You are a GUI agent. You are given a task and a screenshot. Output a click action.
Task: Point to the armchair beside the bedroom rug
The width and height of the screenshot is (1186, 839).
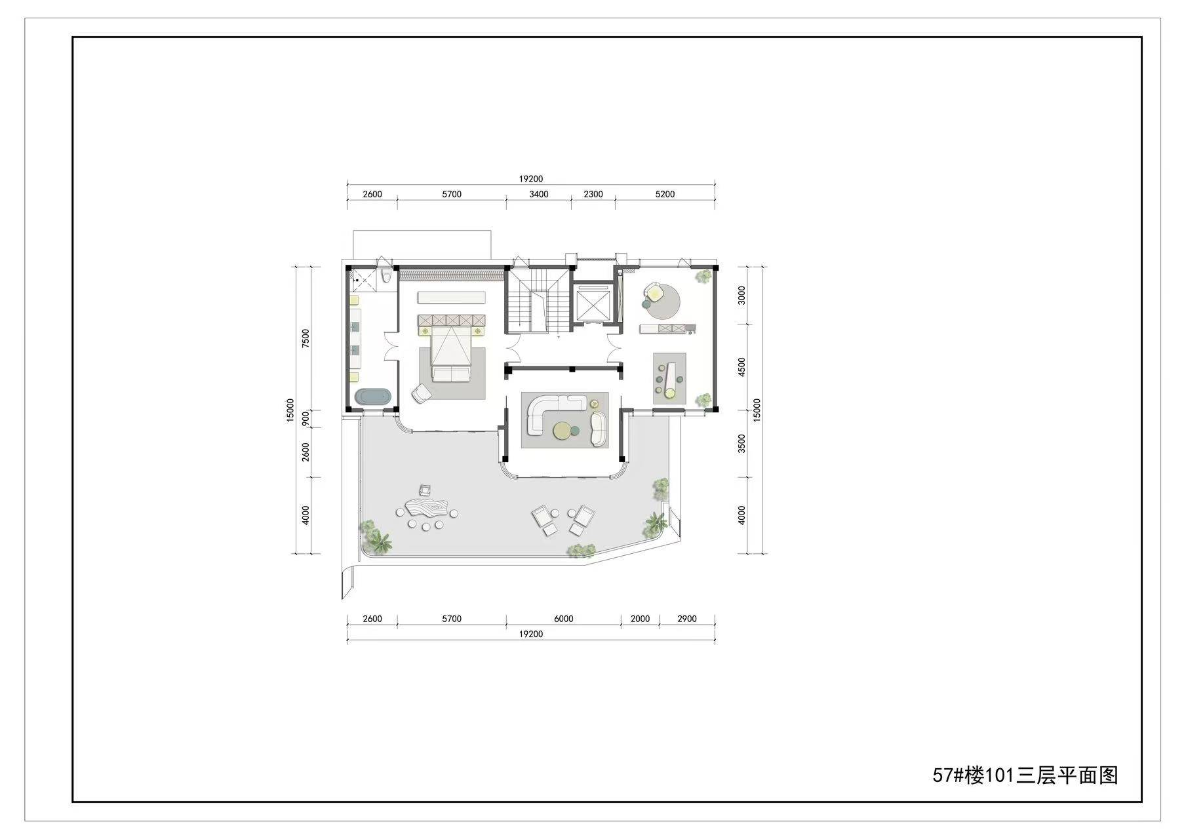421,393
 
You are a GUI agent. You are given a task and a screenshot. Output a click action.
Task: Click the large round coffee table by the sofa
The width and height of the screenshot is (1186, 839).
562,431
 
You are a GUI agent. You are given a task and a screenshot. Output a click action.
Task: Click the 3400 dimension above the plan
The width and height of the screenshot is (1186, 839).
539,194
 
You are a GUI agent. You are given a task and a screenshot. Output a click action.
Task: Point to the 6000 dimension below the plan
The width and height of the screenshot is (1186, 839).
564,619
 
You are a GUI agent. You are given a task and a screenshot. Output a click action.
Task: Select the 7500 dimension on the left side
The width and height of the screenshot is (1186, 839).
306,339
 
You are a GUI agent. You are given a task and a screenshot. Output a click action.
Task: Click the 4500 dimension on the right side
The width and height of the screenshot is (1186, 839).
742,366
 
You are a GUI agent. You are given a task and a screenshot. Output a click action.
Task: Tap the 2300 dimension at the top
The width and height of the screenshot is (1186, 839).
593,194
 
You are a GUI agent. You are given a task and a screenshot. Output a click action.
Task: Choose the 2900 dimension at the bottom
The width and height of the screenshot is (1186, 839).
687,619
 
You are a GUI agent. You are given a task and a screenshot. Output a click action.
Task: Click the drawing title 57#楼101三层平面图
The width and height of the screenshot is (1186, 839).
1025,775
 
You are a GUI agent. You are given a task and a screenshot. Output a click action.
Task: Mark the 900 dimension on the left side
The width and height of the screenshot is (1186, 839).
306,419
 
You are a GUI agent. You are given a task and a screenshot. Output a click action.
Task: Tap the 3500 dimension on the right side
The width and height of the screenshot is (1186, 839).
742,444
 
